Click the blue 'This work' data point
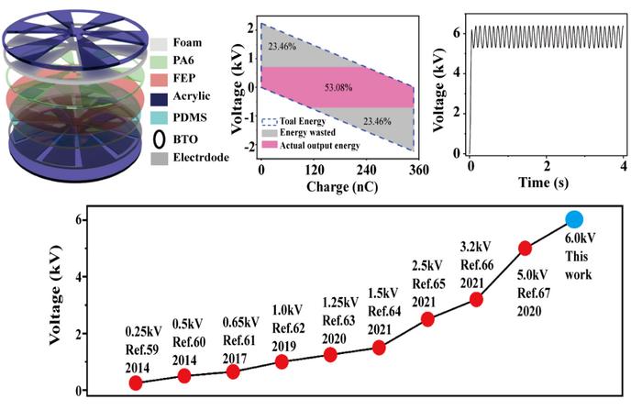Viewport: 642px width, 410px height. tap(574, 219)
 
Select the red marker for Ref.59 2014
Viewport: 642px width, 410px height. tap(136, 383)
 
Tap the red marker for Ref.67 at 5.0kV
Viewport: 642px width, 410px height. tap(526, 248)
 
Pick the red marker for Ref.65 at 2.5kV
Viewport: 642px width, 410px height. tap(427, 319)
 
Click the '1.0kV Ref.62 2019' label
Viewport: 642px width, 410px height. tap(281, 327)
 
